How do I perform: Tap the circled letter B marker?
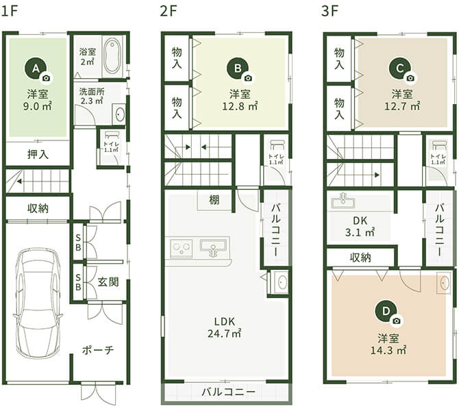(x=237, y=67)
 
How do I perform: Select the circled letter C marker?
(x=399, y=67)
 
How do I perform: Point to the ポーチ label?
(x=97, y=350)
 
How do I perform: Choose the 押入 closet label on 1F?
(x=38, y=153)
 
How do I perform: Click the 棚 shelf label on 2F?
(x=215, y=200)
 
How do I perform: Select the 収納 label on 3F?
(x=360, y=258)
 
